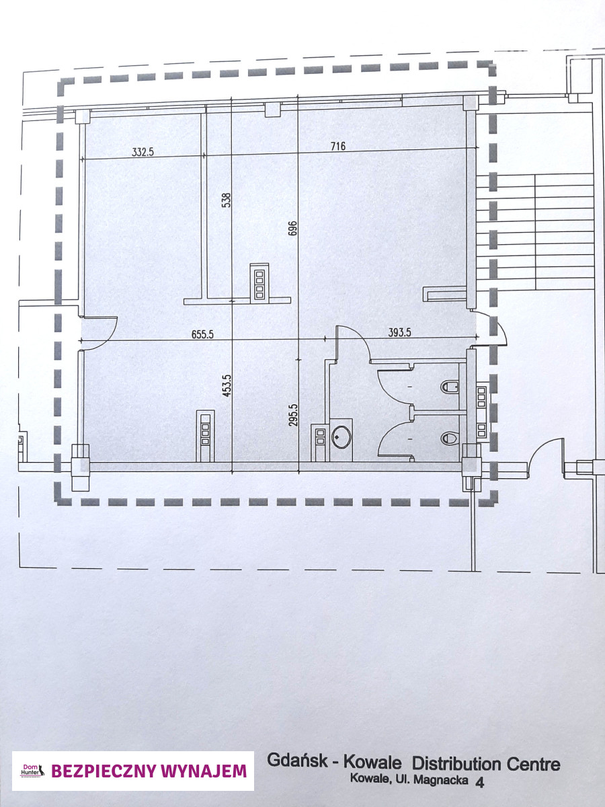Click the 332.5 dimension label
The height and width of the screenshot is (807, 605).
143,152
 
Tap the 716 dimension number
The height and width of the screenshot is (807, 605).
338,146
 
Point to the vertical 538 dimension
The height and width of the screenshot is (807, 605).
227,200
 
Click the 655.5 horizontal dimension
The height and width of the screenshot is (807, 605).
202,334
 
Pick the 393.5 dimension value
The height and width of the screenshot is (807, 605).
400,333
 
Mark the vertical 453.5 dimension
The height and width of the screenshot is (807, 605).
227,385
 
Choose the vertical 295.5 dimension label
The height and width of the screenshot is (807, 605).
293,415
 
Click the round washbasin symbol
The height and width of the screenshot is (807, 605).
341,436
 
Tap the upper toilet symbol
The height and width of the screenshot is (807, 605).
449,387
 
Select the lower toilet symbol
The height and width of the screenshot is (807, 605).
449,438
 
